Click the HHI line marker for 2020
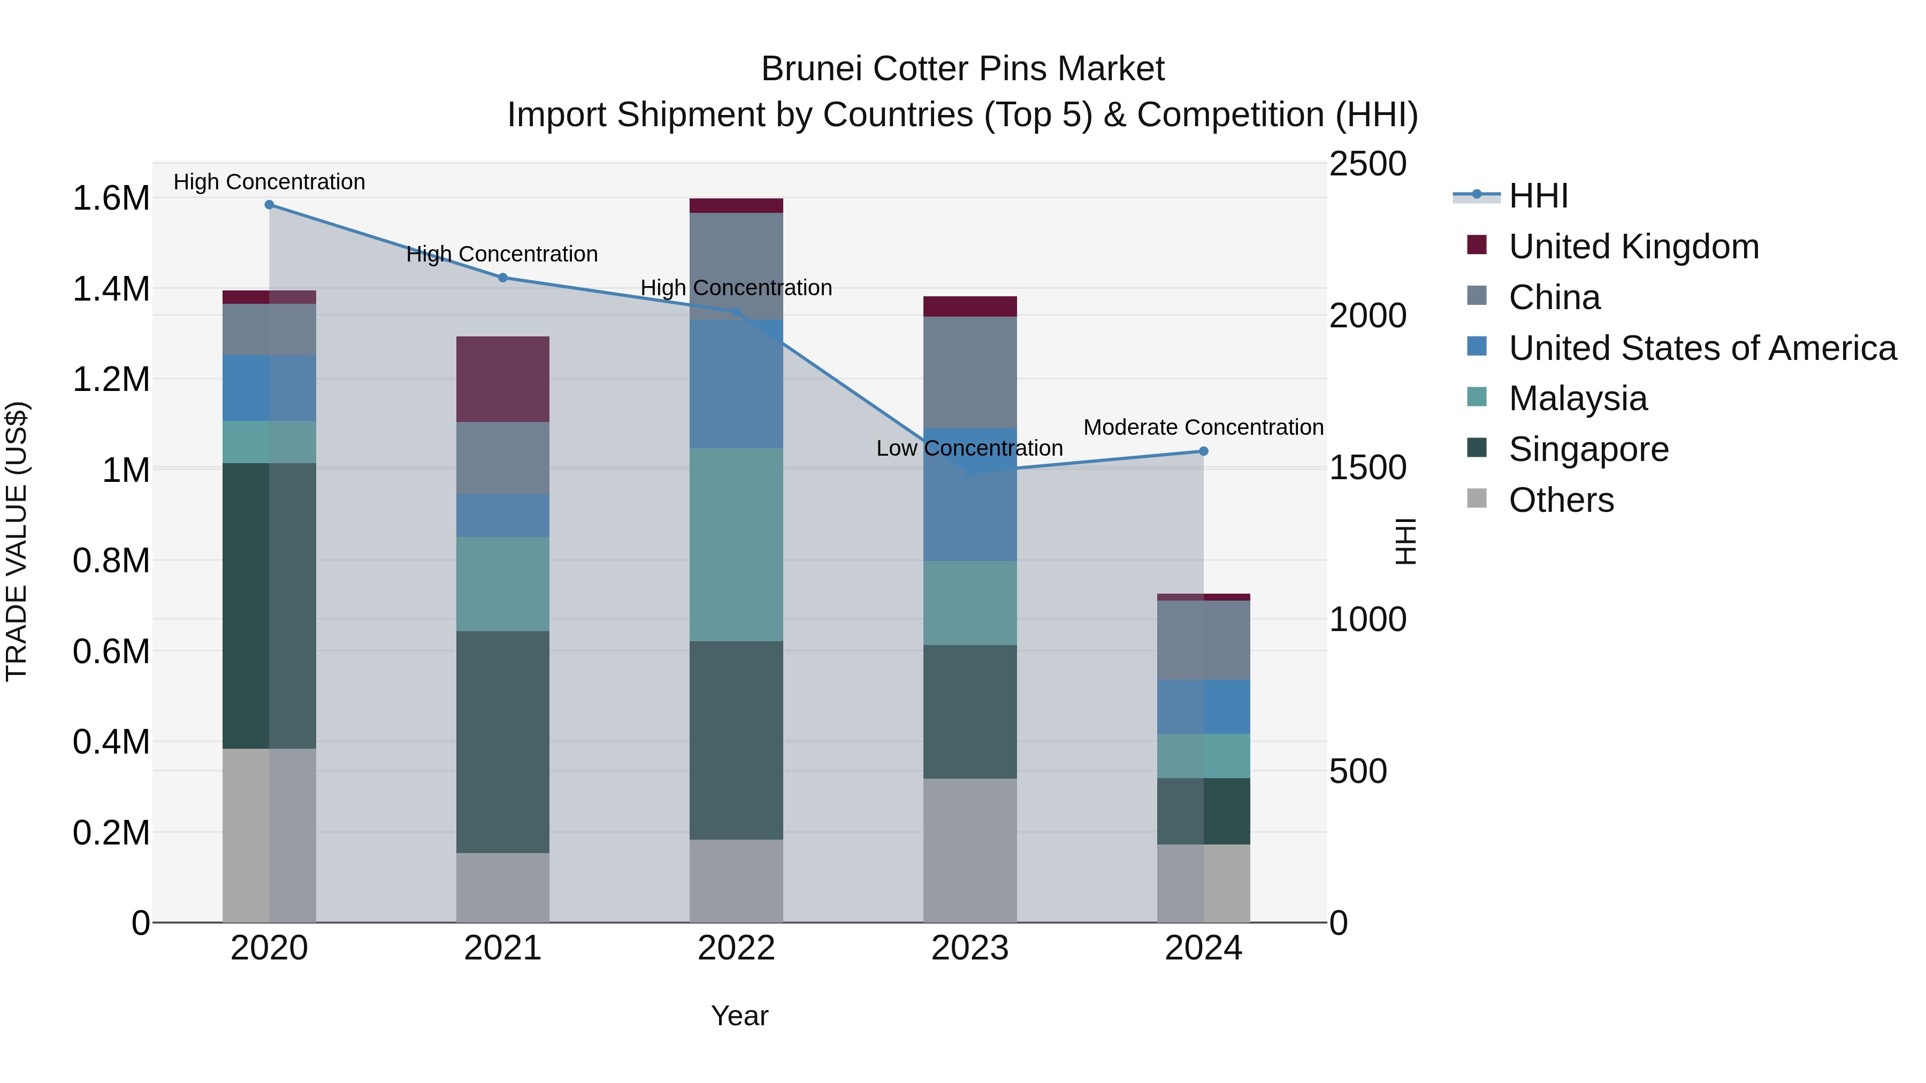coord(269,205)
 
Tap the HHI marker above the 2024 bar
coord(1204,451)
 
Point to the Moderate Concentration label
coord(1203,427)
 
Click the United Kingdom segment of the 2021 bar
coord(502,380)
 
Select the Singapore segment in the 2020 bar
coord(269,605)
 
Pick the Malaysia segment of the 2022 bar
coord(736,544)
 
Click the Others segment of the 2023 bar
coord(970,850)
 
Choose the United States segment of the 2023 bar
coord(970,495)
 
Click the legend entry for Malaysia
coord(1578,398)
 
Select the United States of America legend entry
coord(1702,348)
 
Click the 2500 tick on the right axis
coord(1367,164)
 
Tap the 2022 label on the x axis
coord(736,948)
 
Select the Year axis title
coord(739,1016)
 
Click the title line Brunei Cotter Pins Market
coord(962,69)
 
